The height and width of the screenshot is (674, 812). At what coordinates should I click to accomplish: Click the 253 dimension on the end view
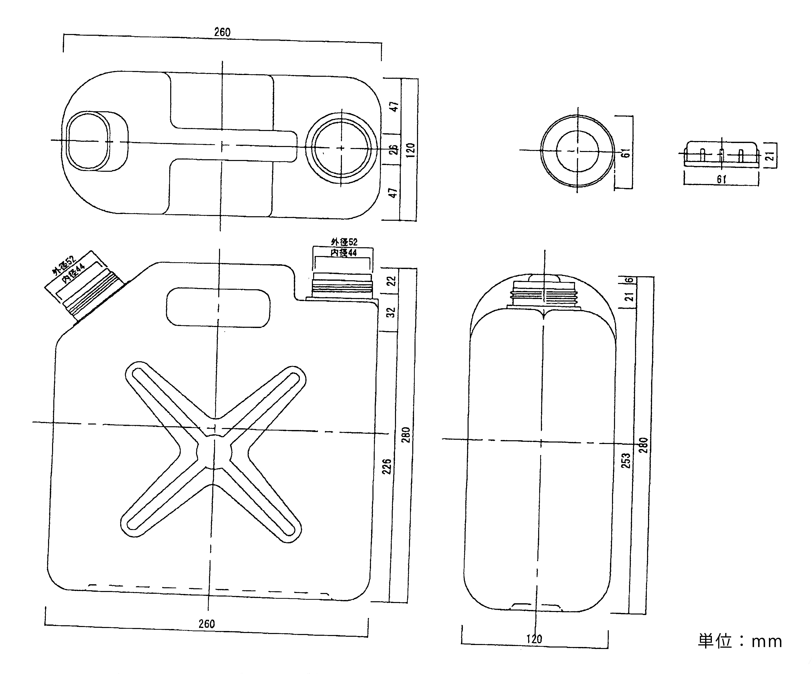point(625,460)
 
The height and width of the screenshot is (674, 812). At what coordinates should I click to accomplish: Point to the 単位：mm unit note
point(740,641)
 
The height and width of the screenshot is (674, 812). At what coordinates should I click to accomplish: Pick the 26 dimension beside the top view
point(393,149)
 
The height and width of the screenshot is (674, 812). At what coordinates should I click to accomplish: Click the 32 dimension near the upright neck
point(391,312)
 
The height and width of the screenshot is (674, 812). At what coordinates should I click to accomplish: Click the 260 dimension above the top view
point(222,32)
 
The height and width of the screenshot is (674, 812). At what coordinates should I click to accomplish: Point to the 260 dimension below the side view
point(207,624)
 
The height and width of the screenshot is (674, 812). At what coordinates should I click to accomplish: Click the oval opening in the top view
point(88,141)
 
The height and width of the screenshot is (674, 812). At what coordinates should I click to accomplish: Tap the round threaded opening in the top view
point(341,148)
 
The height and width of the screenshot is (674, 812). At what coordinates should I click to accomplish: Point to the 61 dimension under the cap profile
point(721,179)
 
